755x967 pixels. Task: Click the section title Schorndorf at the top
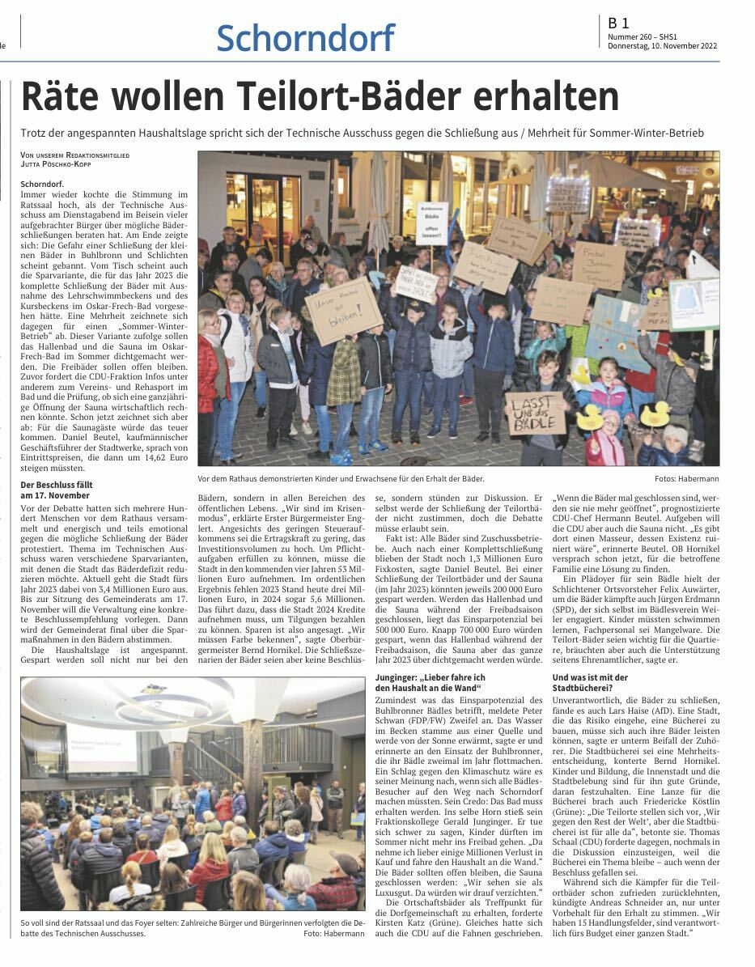click(305, 38)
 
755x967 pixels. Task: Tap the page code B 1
click(619, 24)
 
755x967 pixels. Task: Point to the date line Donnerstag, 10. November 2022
click(663, 46)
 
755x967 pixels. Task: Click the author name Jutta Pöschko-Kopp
click(56, 164)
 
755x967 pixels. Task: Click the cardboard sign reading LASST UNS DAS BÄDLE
click(535, 414)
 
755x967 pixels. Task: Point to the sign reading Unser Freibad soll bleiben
click(343, 312)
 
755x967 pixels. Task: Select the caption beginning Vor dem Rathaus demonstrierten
click(341, 479)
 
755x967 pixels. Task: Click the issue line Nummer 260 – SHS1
click(643, 36)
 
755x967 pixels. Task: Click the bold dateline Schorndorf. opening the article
click(36, 184)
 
